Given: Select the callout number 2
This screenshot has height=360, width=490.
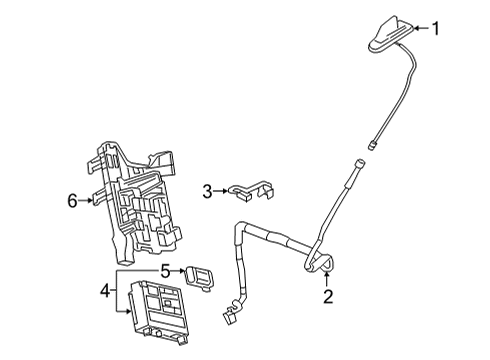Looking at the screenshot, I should click(x=326, y=296).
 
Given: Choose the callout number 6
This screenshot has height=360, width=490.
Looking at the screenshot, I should click(x=72, y=200).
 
